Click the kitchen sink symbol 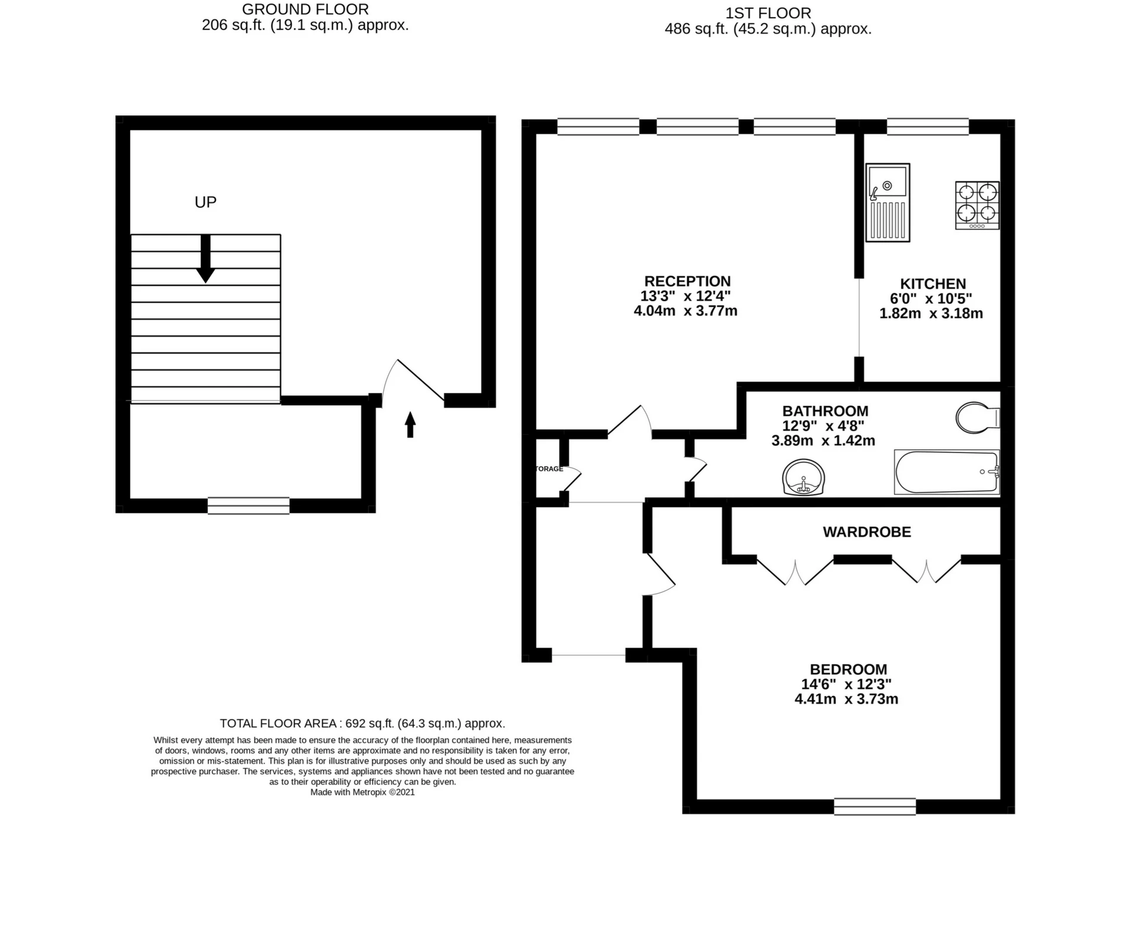click(x=888, y=202)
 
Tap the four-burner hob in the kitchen click(x=977, y=205)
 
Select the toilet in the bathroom click(x=978, y=418)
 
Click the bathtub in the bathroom click(x=946, y=472)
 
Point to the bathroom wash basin click(x=803, y=477)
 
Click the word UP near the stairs click(x=205, y=202)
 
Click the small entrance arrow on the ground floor click(x=410, y=424)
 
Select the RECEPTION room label click(x=687, y=281)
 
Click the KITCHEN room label click(x=933, y=284)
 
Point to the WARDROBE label click(x=867, y=532)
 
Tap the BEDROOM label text click(x=848, y=669)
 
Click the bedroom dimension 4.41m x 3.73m click(x=846, y=699)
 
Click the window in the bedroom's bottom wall click(x=875, y=807)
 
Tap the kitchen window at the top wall click(x=928, y=126)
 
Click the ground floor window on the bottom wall click(x=248, y=506)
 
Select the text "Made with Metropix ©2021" click(x=363, y=792)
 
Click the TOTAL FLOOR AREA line click(x=363, y=723)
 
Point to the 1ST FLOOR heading click(x=768, y=13)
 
